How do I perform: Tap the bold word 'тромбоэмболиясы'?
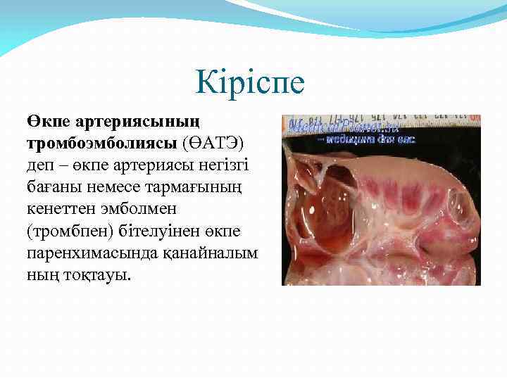(102, 145)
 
